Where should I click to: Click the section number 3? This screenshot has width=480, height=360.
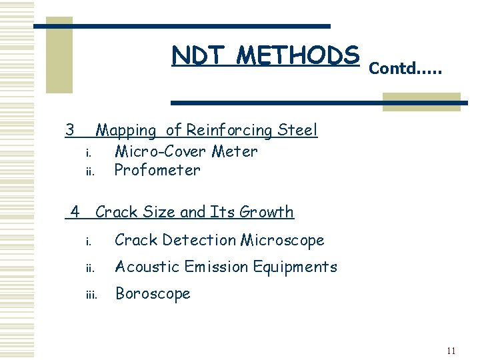[x=69, y=129]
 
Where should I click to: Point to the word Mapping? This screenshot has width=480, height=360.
[x=126, y=131]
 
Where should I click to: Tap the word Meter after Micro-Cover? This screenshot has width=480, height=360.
[x=234, y=151]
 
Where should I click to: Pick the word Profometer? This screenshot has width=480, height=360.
[x=157, y=170]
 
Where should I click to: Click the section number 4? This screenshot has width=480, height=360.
[x=75, y=212]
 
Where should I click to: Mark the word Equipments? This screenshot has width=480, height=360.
[x=294, y=267]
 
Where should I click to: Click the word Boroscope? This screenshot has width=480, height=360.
[x=153, y=294]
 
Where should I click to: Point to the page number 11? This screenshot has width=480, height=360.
[x=451, y=351]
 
